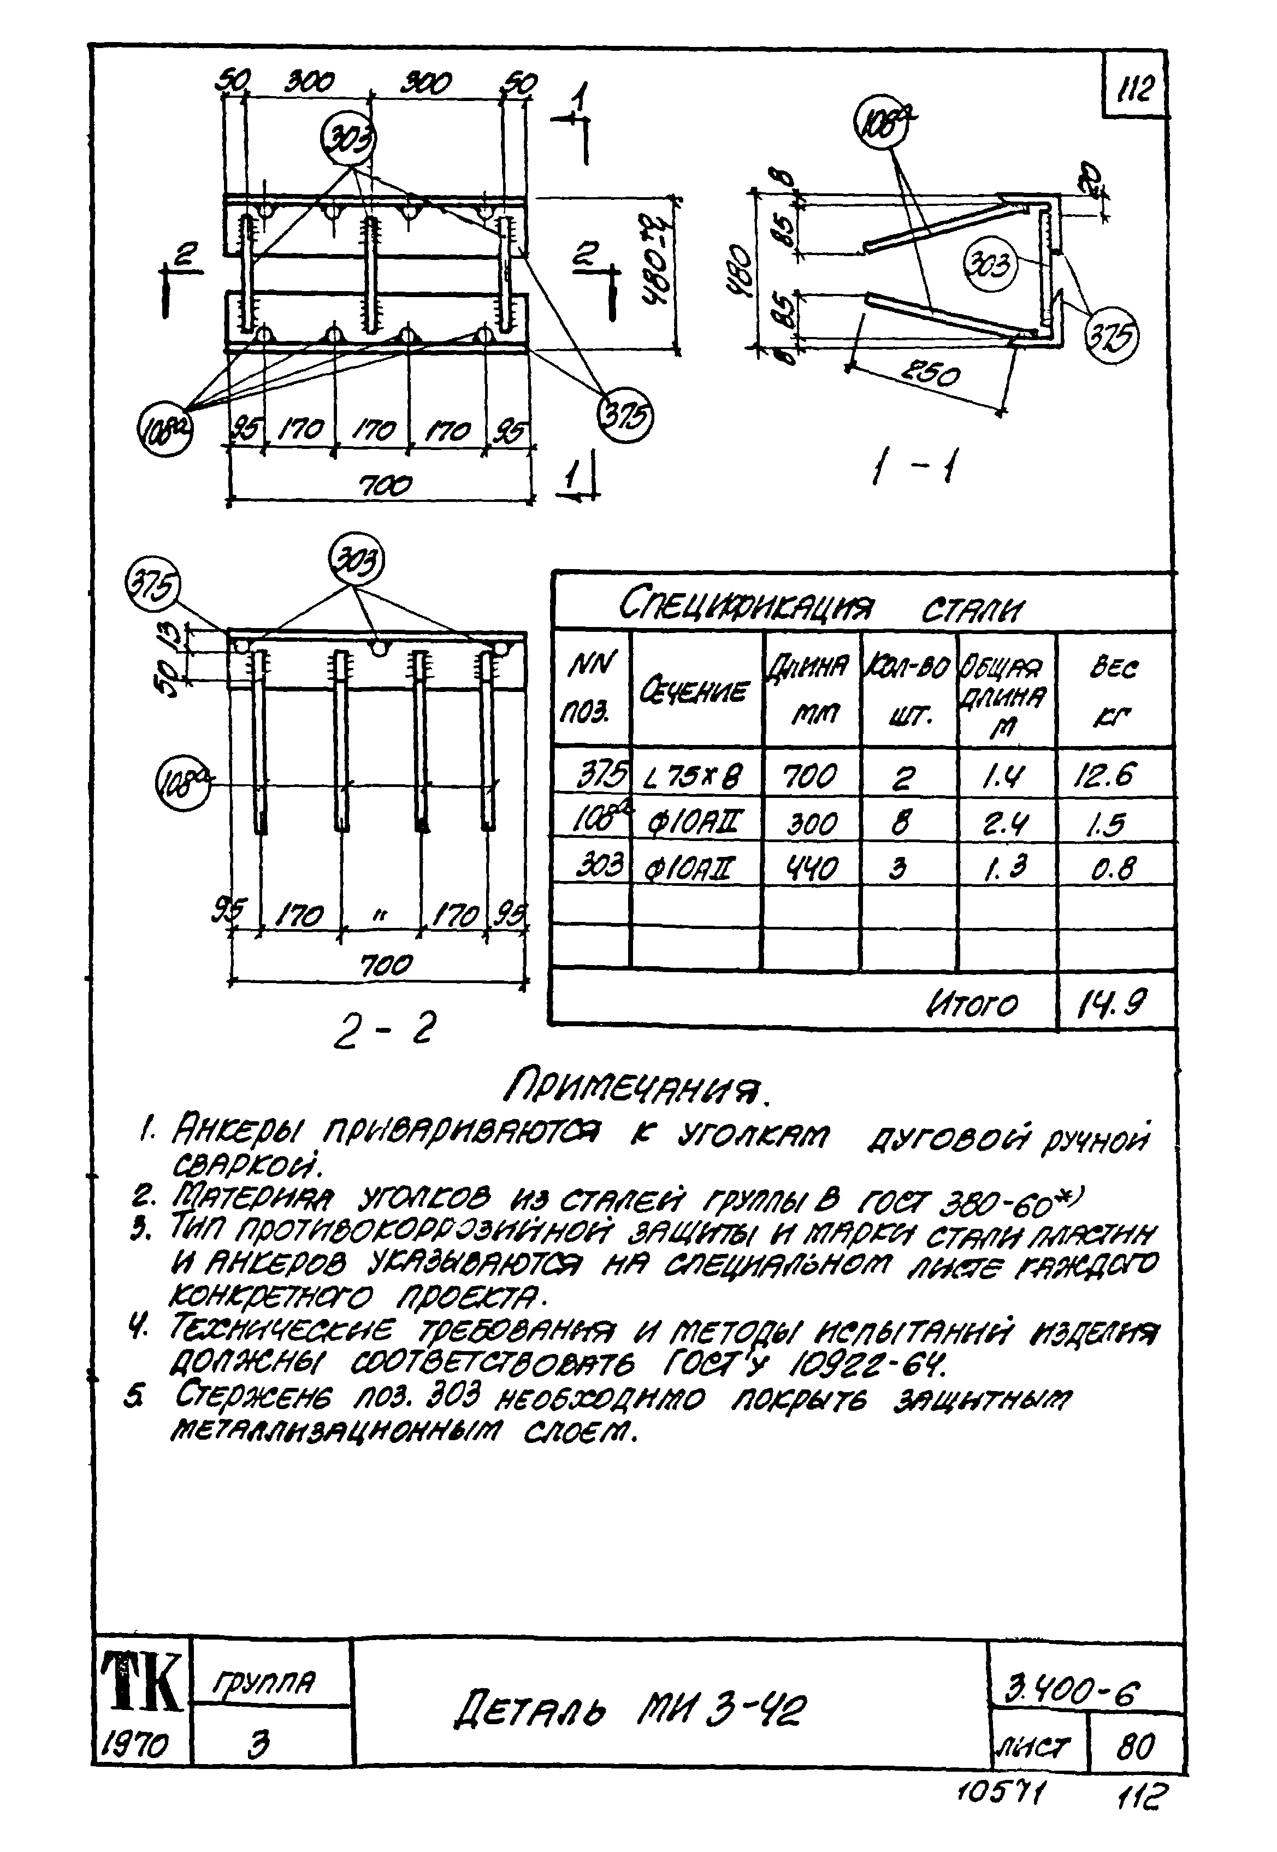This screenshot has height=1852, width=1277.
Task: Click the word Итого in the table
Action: [972, 1003]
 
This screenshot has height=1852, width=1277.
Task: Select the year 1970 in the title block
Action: [138, 1745]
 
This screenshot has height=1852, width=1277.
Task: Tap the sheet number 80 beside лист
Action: [1136, 1747]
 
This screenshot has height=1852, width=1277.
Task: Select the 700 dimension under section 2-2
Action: [387, 964]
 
